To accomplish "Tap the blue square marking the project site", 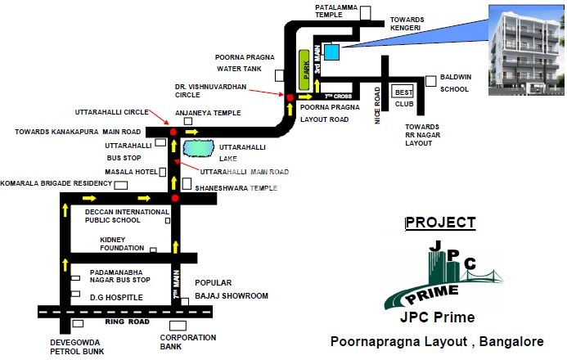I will (x=331, y=52).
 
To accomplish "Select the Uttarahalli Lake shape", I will (x=199, y=150).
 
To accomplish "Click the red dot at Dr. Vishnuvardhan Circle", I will (x=289, y=97).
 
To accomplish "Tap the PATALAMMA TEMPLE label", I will (x=337, y=11).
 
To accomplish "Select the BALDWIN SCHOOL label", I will (x=455, y=83).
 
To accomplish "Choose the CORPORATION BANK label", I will (x=187, y=342).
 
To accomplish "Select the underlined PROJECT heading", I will (x=440, y=223).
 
